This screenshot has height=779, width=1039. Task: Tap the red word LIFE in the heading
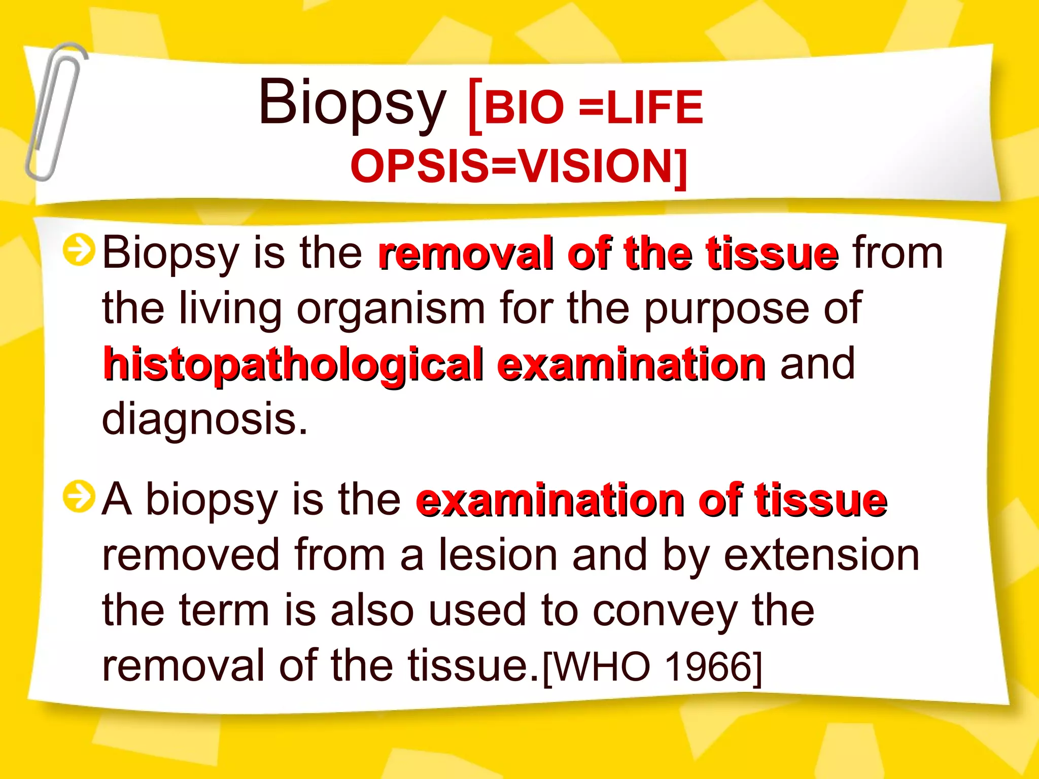[x=654, y=108]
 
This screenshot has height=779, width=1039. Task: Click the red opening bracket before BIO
[x=475, y=107]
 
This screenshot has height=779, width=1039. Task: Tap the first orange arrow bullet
[x=79, y=250]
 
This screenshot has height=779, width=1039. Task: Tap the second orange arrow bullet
[x=79, y=497]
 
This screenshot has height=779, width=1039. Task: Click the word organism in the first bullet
[x=391, y=309]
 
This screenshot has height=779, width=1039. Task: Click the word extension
[x=821, y=555]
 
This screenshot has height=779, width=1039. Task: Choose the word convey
[x=665, y=611]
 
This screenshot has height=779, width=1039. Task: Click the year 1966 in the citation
[x=708, y=666]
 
